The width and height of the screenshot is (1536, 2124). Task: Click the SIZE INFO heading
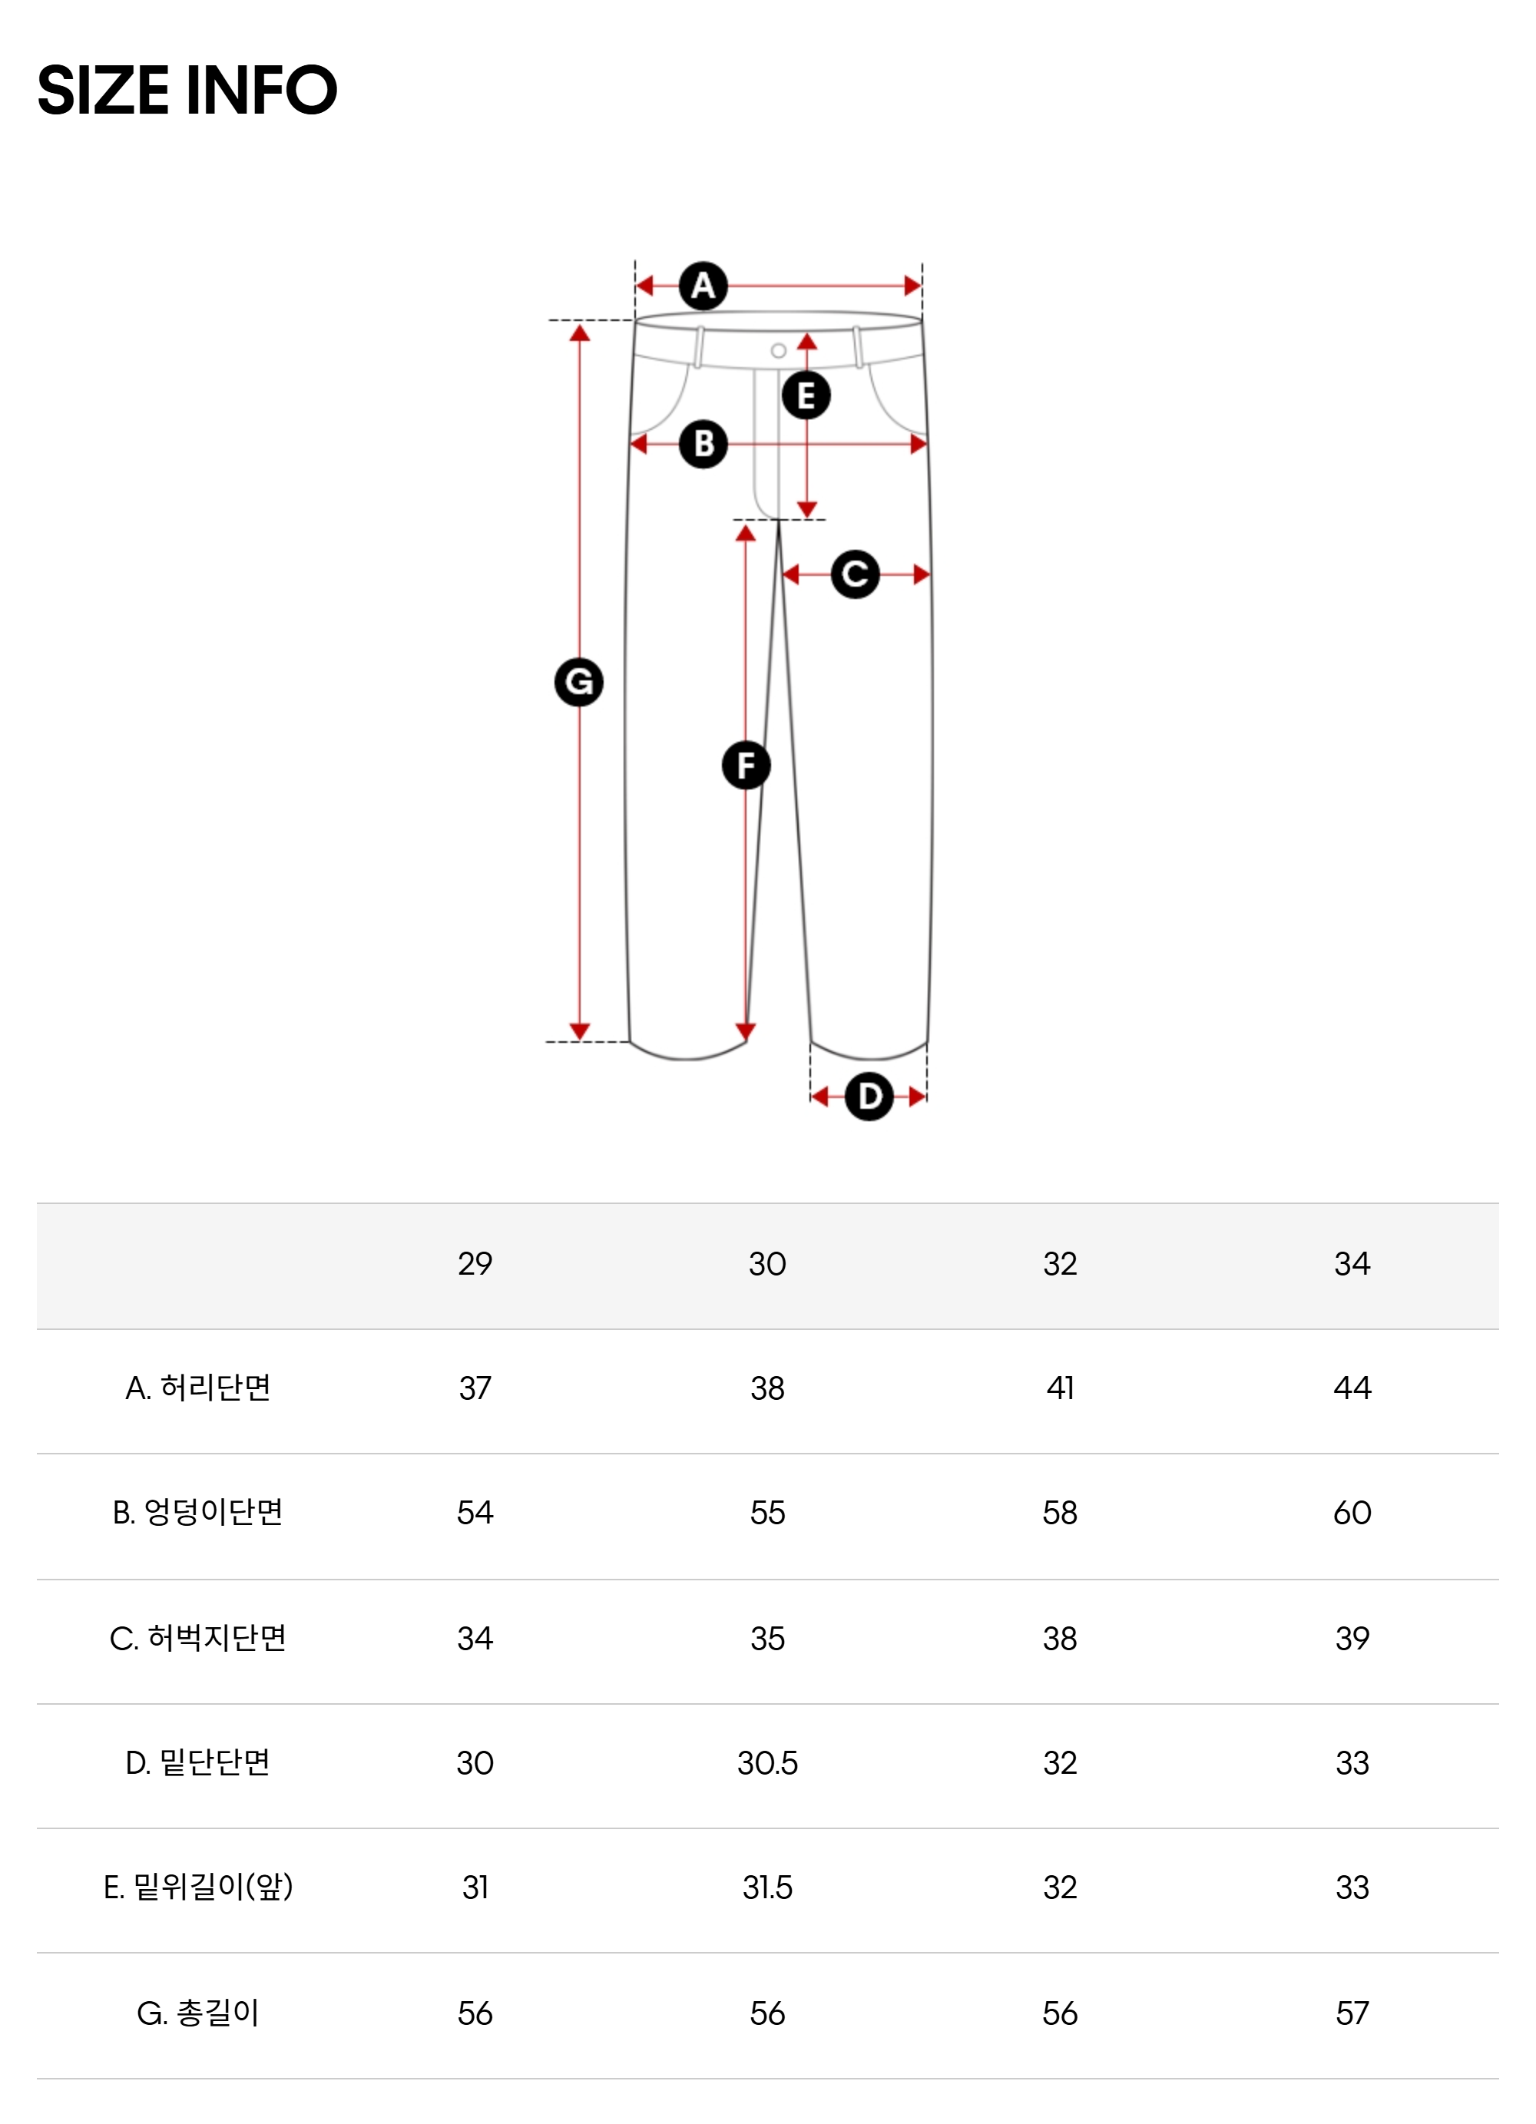pyautogui.click(x=187, y=91)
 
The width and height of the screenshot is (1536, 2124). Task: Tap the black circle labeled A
pyautogui.click(x=703, y=286)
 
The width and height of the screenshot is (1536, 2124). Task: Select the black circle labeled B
pyautogui.click(x=703, y=444)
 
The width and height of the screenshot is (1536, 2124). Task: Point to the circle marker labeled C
pyautogui.click(x=855, y=574)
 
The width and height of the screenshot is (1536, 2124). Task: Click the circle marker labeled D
pyautogui.click(x=869, y=1096)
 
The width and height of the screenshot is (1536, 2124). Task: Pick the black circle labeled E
pyautogui.click(x=806, y=395)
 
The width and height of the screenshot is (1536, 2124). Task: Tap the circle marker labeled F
pyautogui.click(x=746, y=765)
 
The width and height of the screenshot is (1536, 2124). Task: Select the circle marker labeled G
pyautogui.click(x=579, y=682)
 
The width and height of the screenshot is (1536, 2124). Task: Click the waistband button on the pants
pyautogui.click(x=778, y=351)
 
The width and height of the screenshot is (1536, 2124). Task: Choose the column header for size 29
pyautogui.click(x=475, y=1263)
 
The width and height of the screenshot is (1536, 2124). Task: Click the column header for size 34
pyautogui.click(x=1352, y=1263)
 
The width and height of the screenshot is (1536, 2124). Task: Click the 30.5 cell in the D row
pyautogui.click(x=767, y=1762)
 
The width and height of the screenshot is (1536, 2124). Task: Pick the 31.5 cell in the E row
pyautogui.click(x=767, y=1887)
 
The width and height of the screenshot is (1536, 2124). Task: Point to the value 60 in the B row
pyautogui.click(x=1352, y=1513)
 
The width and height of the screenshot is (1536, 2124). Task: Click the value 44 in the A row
pyautogui.click(x=1352, y=1387)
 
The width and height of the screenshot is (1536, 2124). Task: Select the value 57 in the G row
pyautogui.click(x=1352, y=2013)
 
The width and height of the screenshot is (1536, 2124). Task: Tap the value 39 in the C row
pyautogui.click(x=1352, y=1638)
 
